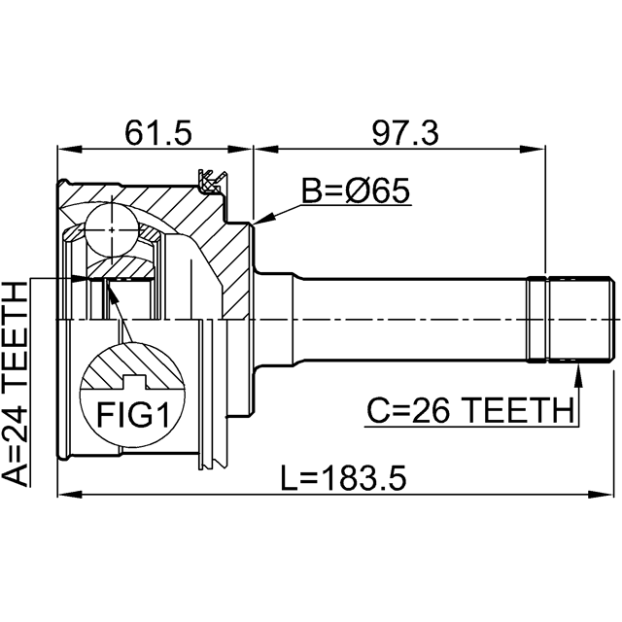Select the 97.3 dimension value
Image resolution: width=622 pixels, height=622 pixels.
(400, 131)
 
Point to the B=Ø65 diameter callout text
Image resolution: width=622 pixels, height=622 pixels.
(355, 192)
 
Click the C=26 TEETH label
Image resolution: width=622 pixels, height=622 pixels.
(469, 412)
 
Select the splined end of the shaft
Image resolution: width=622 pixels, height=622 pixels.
(573, 319)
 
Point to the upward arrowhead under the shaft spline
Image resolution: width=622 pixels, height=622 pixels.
(577, 370)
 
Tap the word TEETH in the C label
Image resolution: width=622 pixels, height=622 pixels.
(515, 412)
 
